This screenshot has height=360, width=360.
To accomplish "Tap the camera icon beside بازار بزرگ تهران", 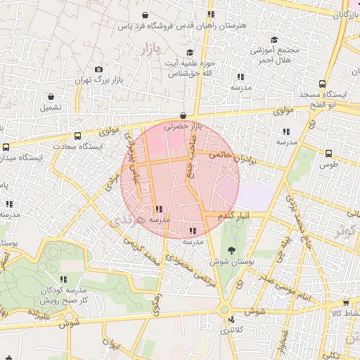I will (x=98, y=70).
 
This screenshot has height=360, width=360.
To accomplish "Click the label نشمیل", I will (x=51, y=108).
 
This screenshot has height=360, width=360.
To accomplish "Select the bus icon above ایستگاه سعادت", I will (x=77, y=136).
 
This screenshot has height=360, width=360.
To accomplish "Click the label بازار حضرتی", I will (x=183, y=127).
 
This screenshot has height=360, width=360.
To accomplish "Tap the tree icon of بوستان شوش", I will (x=231, y=249).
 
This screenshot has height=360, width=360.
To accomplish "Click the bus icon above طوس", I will (x=328, y=153).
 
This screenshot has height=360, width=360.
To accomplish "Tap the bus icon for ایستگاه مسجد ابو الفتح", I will (x=323, y=83).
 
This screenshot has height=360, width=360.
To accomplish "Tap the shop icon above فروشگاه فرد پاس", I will (x=145, y=15).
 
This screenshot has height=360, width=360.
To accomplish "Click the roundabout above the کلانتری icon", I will (x=224, y=309).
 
